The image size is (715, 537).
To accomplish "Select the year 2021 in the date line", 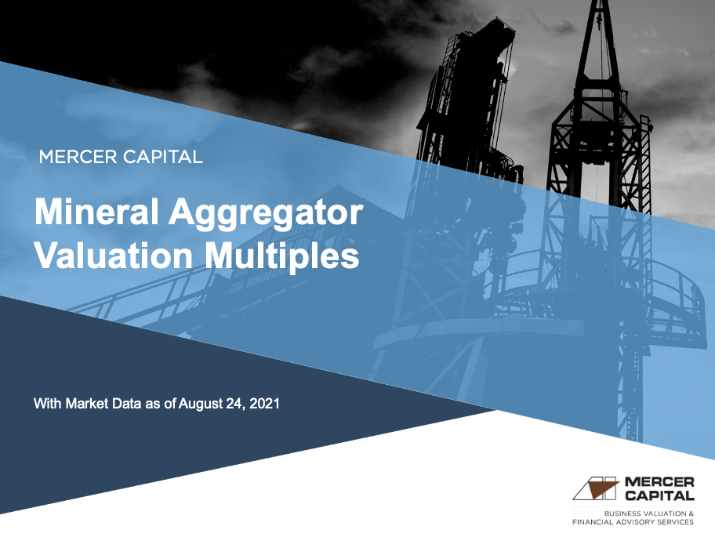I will (263, 405).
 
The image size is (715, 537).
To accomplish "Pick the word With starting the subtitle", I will (48, 405).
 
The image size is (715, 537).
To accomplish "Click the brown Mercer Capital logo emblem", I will (596, 488).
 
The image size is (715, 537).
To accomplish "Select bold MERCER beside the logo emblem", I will (660, 481).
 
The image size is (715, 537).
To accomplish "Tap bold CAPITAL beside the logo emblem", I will (660, 495).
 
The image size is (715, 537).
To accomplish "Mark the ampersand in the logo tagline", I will (691, 513).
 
